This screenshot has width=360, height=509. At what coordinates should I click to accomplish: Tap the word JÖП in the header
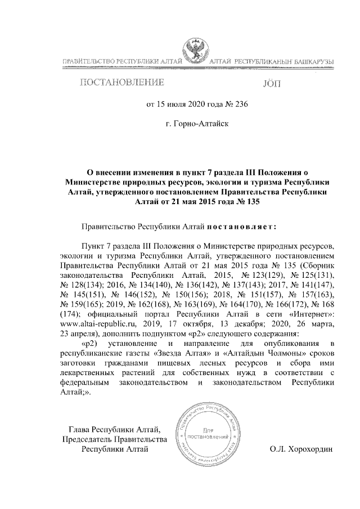271,84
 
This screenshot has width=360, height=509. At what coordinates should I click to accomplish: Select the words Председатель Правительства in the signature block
115,438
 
